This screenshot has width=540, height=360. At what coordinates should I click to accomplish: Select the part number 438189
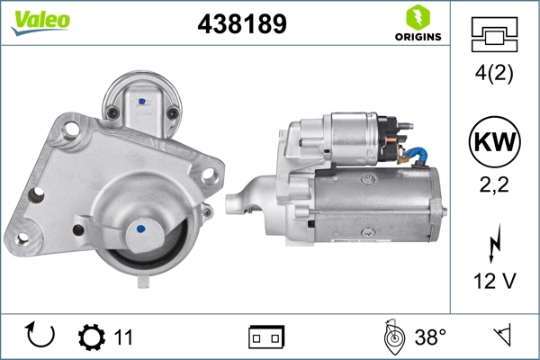point(241,24)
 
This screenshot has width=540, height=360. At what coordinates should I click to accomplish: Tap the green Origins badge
point(417,17)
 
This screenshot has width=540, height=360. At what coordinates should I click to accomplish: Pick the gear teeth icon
point(91,337)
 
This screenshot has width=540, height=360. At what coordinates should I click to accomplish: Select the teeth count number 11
point(123,337)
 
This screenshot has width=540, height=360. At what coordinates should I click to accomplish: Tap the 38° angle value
point(430,337)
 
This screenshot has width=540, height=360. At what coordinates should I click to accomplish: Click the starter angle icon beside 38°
point(392,337)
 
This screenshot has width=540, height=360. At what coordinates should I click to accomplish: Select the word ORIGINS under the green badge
point(417,37)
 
